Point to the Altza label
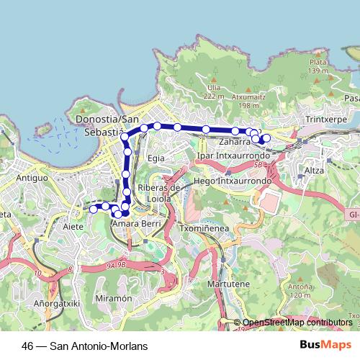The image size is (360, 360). pyautogui.click(x=315, y=170)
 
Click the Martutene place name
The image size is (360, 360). pyautogui.click(x=230, y=284)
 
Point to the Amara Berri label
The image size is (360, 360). pyautogui.click(x=134, y=224)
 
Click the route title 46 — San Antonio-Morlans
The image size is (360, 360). pyautogui.click(x=85, y=346)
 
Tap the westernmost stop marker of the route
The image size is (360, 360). pyautogui.click(x=93, y=209)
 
